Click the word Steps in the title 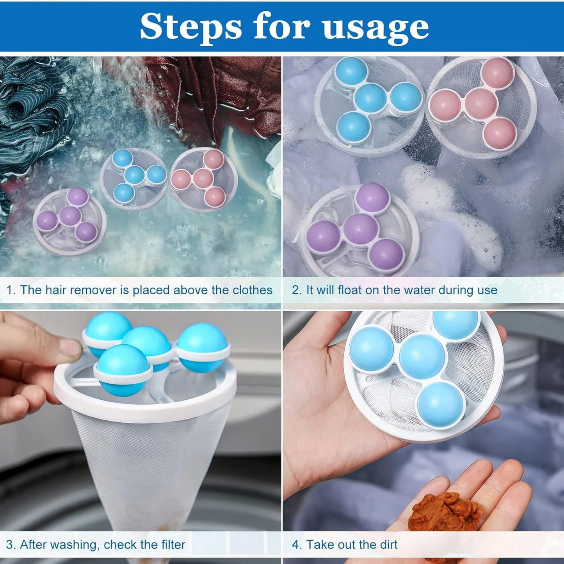click(x=191, y=27)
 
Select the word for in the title click(x=281, y=27)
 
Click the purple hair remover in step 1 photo click(x=70, y=221)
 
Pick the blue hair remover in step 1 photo click(x=134, y=176)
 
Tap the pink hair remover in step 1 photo click(x=204, y=179)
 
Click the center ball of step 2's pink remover click(x=480, y=103)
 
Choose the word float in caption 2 click(x=351, y=290)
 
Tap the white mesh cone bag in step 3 click(x=152, y=468)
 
